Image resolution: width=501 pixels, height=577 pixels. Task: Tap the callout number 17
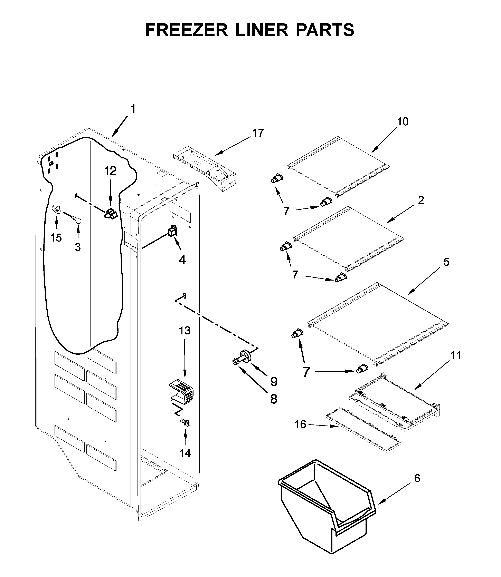[x=258, y=133]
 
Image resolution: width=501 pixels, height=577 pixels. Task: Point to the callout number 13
[x=185, y=331]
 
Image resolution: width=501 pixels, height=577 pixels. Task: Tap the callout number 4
[x=182, y=260]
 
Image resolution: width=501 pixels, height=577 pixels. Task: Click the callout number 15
[x=56, y=238]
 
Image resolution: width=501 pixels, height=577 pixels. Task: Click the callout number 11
[x=455, y=356]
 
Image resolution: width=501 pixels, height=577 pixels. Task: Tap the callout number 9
[x=274, y=381]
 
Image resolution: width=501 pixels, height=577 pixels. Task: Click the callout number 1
[x=133, y=109]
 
